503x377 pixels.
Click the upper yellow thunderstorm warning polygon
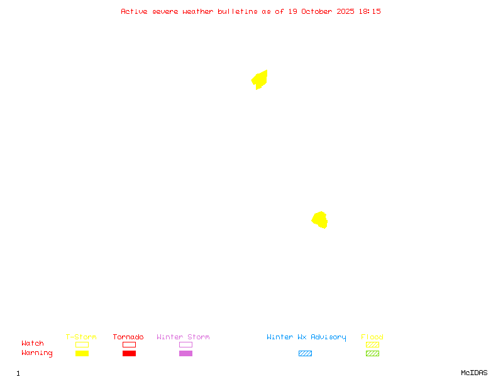tap(260, 80)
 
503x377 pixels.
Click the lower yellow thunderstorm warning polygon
tap(320, 220)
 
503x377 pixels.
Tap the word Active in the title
tap(135, 11)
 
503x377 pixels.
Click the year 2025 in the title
tap(346, 11)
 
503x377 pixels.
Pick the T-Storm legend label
tap(81, 337)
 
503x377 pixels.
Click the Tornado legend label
tap(128, 337)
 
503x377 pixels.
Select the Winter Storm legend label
tap(183, 337)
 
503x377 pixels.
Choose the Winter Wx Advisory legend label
tap(306, 337)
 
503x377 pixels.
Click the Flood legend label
tap(372, 337)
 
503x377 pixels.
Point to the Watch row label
tap(33, 344)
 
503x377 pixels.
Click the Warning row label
tap(37, 353)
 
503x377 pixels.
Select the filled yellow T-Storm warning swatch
tap(82, 354)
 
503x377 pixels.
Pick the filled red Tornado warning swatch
tap(129, 354)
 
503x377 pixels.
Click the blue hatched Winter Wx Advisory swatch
tap(305, 354)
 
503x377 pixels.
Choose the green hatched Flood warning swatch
tap(372, 354)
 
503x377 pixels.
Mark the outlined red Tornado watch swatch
tap(129, 345)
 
